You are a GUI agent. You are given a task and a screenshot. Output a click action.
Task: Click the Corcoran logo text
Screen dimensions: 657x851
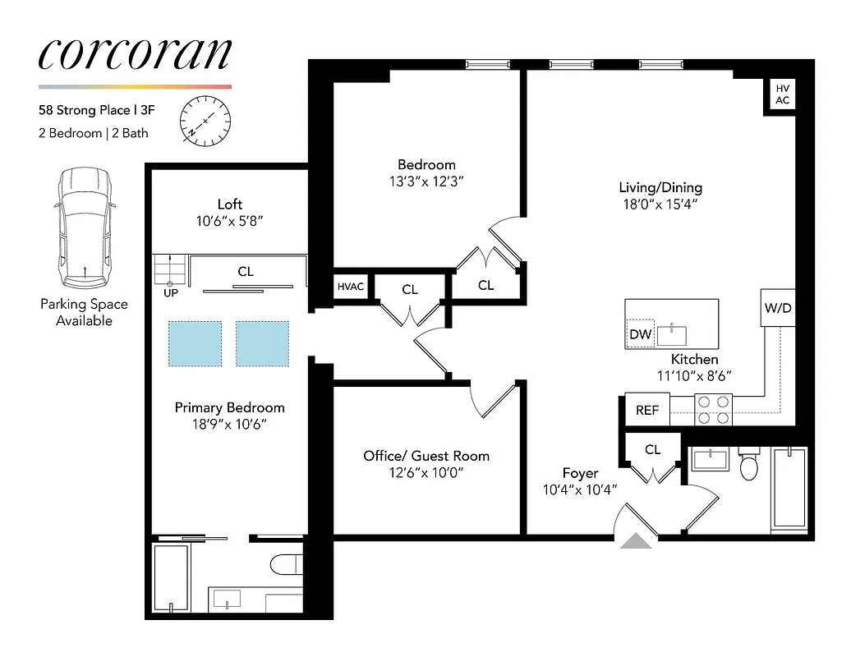coord(135,53)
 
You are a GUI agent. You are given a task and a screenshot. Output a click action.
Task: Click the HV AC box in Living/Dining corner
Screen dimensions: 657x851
coord(782,94)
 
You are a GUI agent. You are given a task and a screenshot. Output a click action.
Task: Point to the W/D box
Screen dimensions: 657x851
coord(777,309)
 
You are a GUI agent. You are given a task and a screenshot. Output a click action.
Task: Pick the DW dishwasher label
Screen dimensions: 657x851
coord(640,334)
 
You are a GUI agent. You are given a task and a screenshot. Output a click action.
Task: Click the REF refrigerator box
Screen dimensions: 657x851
coord(647,410)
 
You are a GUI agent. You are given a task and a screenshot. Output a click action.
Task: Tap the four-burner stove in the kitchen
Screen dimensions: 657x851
coord(713,410)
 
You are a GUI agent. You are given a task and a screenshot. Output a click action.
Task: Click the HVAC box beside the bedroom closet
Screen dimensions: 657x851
coord(351,287)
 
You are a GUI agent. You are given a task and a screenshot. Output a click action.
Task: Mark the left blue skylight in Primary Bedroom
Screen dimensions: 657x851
coord(195,343)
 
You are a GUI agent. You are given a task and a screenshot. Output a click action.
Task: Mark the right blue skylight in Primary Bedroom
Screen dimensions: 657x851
coord(262,343)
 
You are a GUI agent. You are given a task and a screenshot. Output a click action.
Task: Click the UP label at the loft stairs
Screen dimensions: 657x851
coord(170,292)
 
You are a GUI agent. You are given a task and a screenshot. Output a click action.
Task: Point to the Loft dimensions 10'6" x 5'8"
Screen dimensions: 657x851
coord(229,221)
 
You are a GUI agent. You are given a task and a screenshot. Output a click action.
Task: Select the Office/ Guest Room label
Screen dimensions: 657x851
coord(426,456)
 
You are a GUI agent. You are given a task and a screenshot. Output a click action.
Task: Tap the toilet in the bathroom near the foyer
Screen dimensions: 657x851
coord(749,466)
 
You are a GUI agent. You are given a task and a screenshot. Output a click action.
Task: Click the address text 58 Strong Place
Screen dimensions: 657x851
coord(85,110)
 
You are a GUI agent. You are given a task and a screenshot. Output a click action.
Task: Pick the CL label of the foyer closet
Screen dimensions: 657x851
coord(652,449)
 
